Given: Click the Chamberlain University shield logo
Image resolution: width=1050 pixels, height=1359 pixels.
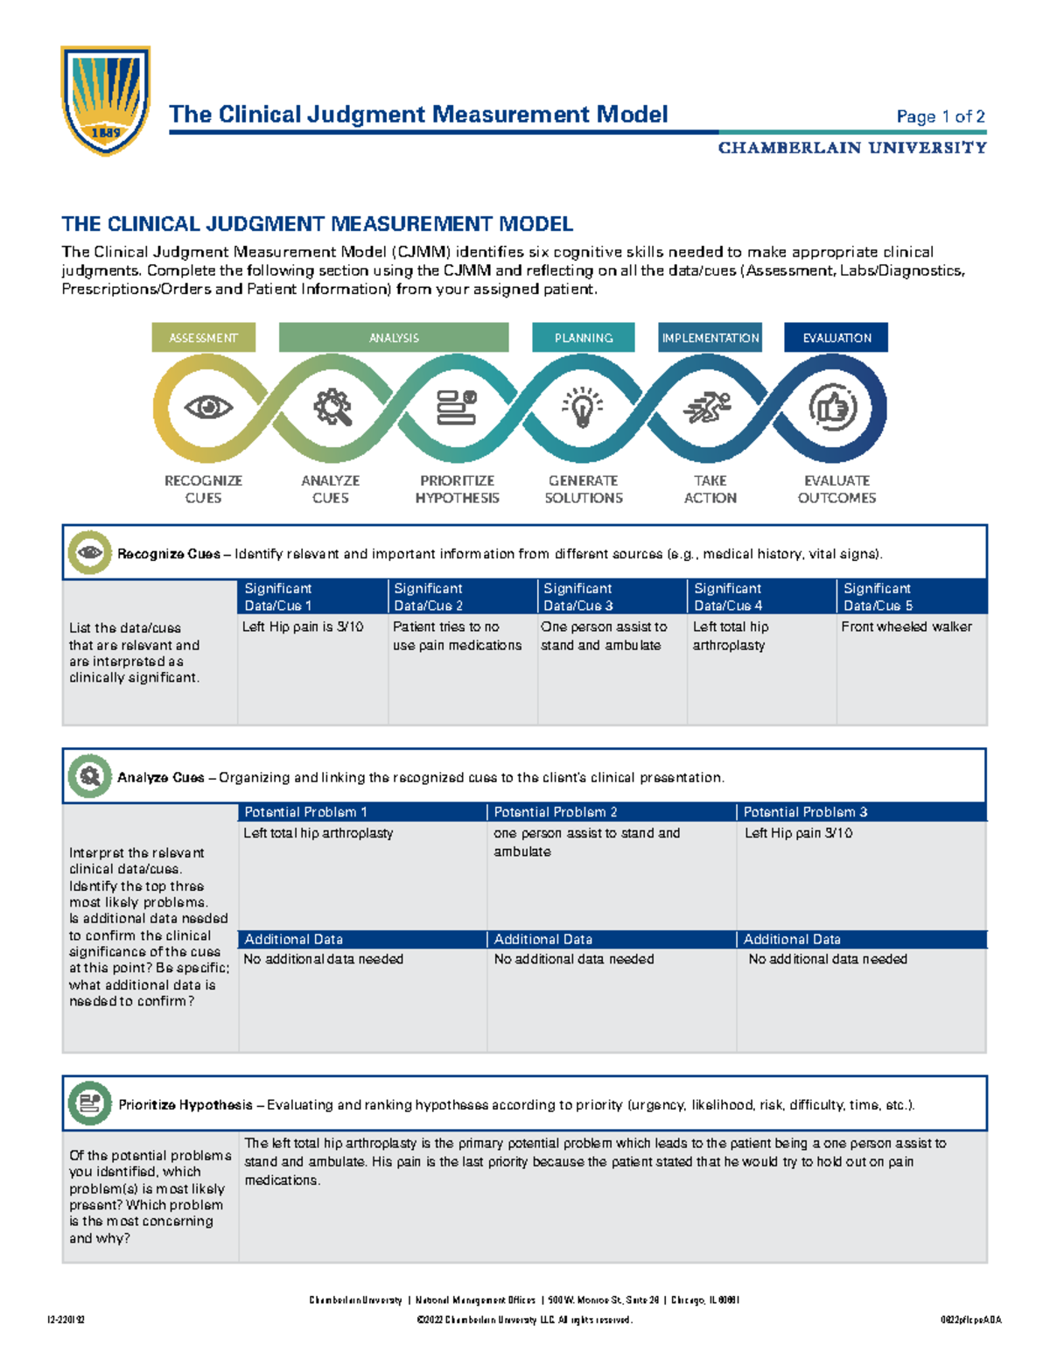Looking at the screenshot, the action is point(106,100).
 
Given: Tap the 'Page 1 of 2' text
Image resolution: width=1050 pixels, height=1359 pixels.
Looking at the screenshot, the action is point(941,116).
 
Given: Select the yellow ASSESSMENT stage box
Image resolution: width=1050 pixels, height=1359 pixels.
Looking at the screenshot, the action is point(203,338).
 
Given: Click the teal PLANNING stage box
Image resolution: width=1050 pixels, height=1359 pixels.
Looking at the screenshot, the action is point(583,338).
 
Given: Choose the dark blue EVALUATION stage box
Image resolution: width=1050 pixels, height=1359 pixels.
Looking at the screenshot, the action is point(836,338).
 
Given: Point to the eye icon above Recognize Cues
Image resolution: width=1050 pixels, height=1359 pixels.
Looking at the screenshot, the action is point(208,407).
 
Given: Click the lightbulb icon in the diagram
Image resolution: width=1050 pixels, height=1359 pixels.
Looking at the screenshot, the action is point(583,408).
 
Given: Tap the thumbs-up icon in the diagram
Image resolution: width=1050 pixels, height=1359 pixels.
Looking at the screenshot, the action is point(832,408).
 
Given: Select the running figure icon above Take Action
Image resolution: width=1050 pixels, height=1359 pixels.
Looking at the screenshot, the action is point(709,407).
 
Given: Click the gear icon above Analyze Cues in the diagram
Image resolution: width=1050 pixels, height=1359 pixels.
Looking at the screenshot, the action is point(332,407).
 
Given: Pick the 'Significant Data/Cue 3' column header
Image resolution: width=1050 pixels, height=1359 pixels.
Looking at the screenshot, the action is point(612,597).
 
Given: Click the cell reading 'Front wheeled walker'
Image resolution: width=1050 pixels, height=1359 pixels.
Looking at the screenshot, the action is point(906,627).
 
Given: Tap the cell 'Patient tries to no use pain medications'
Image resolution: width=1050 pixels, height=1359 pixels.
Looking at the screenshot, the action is point(457,636).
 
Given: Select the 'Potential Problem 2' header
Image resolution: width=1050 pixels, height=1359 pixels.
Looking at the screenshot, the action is point(611,812).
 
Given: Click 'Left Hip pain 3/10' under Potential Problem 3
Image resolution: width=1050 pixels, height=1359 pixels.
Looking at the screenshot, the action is point(798,833).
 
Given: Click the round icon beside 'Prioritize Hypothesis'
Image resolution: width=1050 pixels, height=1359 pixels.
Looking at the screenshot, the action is point(89,1103).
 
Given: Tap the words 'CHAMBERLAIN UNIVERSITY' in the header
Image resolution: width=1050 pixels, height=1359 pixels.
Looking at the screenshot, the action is point(852,148).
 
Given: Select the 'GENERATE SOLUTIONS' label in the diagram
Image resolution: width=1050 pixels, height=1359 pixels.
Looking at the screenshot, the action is point(584,489).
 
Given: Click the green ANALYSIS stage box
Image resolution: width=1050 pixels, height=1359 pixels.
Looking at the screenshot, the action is point(394,338).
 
